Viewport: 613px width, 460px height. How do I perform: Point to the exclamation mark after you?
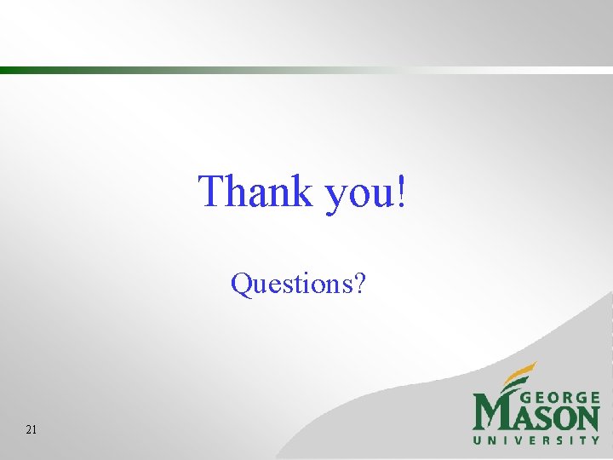point(401,191)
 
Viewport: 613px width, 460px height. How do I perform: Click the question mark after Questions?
point(360,283)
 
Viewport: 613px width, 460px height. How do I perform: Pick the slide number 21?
point(32,430)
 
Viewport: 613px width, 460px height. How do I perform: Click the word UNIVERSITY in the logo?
point(536,440)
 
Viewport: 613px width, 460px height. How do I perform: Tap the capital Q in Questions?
point(242,284)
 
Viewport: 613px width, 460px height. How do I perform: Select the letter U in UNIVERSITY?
point(478,440)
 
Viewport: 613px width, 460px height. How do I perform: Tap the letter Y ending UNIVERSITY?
point(595,440)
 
